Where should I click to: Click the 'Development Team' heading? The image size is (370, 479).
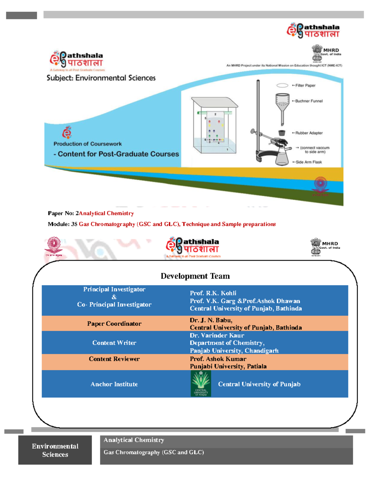195,276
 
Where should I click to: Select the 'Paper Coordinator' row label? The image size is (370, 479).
114,324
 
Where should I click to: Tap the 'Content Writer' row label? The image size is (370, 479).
114,343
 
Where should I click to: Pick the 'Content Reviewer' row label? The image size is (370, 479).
114,359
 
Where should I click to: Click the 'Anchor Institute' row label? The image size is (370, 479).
114,384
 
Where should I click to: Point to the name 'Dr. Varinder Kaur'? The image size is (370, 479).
217,335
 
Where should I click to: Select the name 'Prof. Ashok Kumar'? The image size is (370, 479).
218,359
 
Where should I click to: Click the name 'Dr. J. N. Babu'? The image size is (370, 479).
211,320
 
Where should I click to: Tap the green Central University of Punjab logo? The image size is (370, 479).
201,383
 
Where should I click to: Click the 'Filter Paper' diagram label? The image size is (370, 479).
305,85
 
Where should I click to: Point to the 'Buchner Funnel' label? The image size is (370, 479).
309,101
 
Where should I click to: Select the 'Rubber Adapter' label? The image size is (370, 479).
309,133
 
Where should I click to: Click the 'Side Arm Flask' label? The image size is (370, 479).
308,162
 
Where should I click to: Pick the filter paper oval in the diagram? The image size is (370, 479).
282,85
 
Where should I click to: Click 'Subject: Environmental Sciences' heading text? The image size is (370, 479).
101,78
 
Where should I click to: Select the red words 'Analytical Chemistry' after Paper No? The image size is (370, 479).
106,213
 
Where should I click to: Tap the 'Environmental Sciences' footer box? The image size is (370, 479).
55,450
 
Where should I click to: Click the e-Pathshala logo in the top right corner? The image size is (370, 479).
313,31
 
